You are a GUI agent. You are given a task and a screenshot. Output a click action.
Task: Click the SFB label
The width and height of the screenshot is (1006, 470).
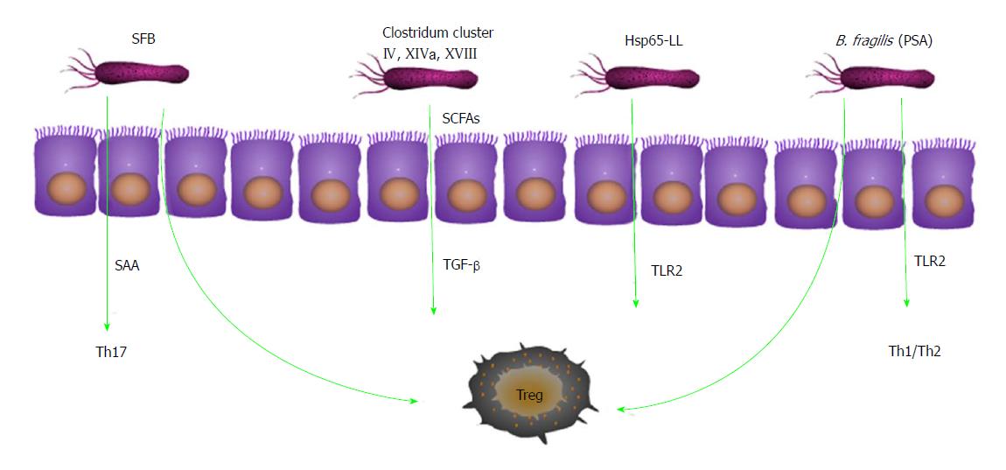[x=143, y=39]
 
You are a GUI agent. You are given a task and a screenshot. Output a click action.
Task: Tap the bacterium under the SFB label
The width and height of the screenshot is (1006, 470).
[x=129, y=71]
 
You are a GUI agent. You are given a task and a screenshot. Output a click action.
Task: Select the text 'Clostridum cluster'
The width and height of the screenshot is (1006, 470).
[x=438, y=32]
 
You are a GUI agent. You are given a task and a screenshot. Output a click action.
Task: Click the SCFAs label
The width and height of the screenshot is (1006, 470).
[x=461, y=119]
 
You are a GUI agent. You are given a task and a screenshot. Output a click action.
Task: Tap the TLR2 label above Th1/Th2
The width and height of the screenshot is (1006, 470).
[x=929, y=261]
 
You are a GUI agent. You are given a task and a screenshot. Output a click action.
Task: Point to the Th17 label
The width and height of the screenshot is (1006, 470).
[x=107, y=352]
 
